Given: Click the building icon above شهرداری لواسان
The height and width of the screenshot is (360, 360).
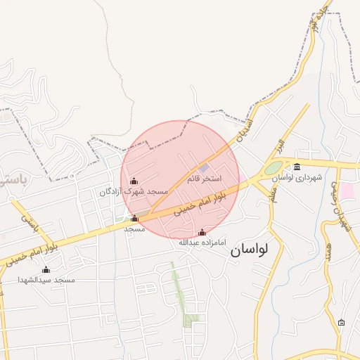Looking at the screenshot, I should tap(297, 167).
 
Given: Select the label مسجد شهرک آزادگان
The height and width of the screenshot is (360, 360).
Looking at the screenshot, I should tap(134, 191).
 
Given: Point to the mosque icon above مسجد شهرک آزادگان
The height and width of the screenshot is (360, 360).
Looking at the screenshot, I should tap(134, 181).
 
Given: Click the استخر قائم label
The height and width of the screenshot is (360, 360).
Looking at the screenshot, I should tap(204, 179).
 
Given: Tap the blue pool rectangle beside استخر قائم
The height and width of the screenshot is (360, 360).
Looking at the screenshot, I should tap(204, 169).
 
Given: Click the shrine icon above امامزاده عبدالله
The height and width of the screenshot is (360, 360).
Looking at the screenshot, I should tap(202, 232).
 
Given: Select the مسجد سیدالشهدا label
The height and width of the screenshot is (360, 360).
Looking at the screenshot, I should tap(46, 280).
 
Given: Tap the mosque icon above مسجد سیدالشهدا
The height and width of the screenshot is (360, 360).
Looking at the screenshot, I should tap(46, 269).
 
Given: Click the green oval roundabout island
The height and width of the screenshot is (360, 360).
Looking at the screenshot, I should tap(274, 169).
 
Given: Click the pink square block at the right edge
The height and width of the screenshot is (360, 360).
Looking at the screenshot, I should tap(349, 191).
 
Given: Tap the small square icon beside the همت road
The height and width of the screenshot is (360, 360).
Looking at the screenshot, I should tap(342, 323).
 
